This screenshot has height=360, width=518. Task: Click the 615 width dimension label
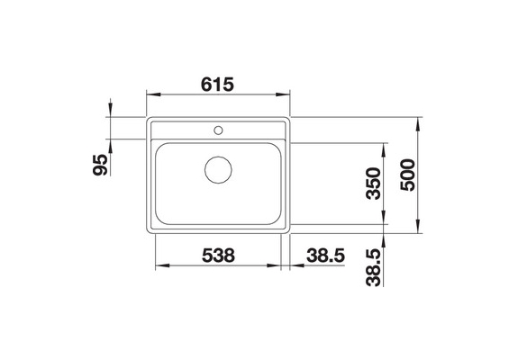click(217, 85)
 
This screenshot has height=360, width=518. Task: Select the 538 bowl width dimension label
click(218, 256)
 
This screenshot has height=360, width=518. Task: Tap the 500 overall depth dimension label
click(407, 175)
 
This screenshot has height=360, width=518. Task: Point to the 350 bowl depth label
click(374, 184)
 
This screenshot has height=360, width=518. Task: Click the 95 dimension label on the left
click(100, 165)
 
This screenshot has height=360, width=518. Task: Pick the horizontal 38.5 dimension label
click(326, 256)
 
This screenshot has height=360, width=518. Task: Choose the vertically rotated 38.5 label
click(374, 267)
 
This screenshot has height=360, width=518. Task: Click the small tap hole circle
click(218, 130)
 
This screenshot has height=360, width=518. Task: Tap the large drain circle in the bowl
click(218, 170)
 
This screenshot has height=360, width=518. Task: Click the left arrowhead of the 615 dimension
click(153, 94)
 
